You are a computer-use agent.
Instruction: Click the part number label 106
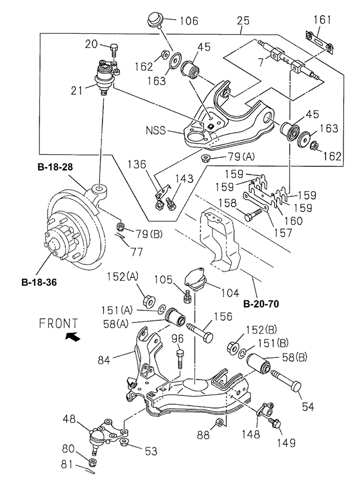[x=189, y=21]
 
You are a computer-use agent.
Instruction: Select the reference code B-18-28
[x=56, y=167]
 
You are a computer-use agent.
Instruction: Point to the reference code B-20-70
[x=262, y=304]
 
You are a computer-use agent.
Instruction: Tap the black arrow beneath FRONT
[x=73, y=337]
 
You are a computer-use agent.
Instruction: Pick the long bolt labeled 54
[x=286, y=382]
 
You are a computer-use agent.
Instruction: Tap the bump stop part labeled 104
[x=197, y=279]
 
